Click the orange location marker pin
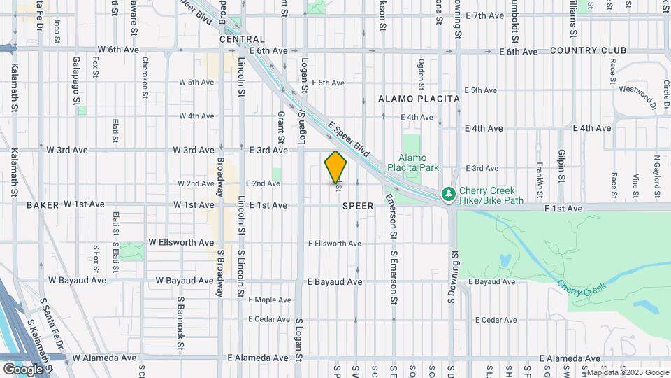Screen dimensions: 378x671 (x=335, y=167)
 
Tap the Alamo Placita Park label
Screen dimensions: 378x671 (x=419, y=162)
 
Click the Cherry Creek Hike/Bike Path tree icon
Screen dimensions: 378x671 (x=447, y=192)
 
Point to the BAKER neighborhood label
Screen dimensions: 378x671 (x=43, y=205)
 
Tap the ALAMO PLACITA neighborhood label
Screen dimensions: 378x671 (x=419, y=99)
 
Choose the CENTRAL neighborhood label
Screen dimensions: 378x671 (x=242, y=40)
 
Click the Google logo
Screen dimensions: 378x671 (x=23, y=369)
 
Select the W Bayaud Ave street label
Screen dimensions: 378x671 (x=175, y=281)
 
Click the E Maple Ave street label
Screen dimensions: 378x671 (x=264, y=300)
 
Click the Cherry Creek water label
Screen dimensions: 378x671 (x=582, y=286)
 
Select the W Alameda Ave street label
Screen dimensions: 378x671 (x=104, y=358)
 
